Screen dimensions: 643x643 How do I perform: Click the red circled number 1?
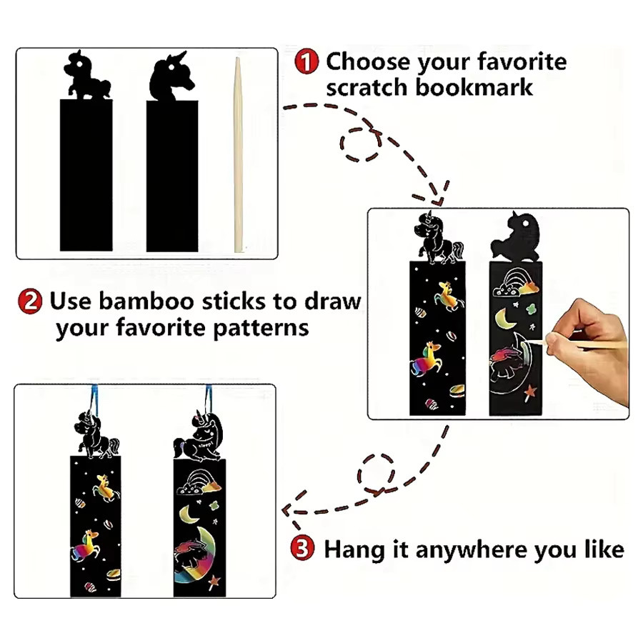pyautogui.click(x=306, y=61)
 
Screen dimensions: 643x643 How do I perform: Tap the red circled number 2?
pyautogui.click(x=30, y=301)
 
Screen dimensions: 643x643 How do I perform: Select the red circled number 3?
pyautogui.click(x=302, y=548)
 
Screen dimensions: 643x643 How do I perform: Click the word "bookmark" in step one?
pyautogui.click(x=474, y=88)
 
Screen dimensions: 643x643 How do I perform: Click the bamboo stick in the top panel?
pyautogui.click(x=238, y=155)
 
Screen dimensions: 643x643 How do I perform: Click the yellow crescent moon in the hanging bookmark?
pyautogui.click(x=189, y=514)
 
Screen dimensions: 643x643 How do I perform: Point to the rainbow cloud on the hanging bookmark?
pyautogui.click(x=199, y=483)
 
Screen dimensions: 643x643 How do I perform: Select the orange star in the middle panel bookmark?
pyautogui.click(x=529, y=392)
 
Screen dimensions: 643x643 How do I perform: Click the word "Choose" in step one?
pyautogui.click(x=368, y=61)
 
